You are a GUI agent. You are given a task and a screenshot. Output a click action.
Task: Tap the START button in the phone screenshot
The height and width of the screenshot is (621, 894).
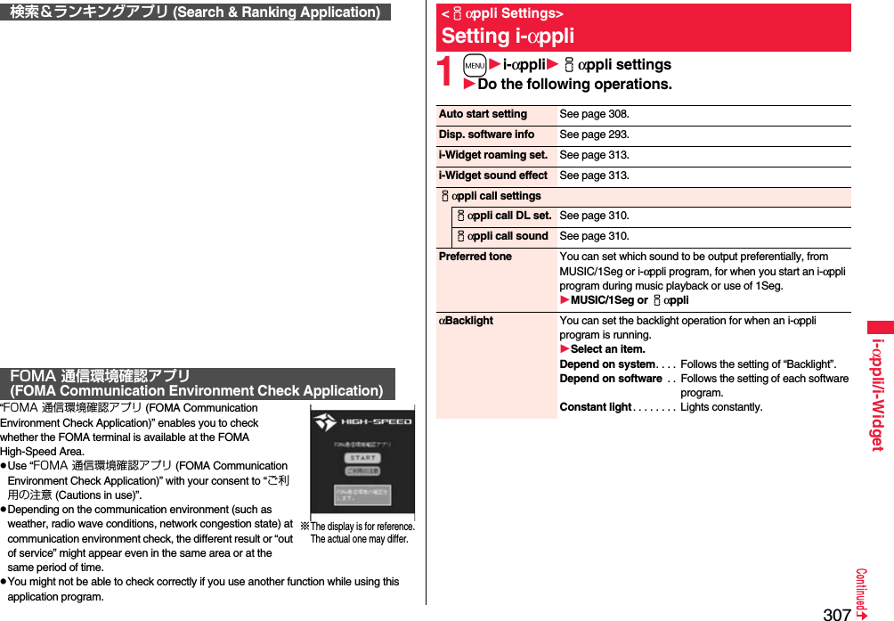362,457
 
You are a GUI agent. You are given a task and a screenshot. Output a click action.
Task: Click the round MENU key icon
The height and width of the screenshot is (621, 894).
475,65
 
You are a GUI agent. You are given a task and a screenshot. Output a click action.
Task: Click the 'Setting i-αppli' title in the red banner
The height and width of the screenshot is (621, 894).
508,37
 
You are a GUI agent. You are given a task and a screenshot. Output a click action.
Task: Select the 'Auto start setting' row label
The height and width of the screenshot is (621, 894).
483,114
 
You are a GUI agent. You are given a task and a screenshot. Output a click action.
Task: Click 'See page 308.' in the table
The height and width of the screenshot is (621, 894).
594,114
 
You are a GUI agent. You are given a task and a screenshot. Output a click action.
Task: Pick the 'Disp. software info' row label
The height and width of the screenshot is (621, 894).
486,135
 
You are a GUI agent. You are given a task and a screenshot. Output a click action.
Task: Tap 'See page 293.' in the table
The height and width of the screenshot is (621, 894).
594,135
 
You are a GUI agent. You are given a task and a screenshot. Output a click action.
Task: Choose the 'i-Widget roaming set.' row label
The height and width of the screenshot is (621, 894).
493,155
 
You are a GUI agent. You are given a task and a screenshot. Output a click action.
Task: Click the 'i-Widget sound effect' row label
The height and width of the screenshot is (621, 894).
493,176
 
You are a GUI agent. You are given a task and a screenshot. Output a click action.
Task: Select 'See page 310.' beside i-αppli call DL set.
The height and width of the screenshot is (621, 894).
594,216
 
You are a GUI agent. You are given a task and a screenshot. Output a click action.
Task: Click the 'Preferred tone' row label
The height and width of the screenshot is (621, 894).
475,257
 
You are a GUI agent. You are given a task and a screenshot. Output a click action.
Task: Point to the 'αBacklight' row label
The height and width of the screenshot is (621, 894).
467,321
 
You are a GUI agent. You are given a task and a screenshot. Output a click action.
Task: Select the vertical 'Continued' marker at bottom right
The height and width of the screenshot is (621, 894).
862,593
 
